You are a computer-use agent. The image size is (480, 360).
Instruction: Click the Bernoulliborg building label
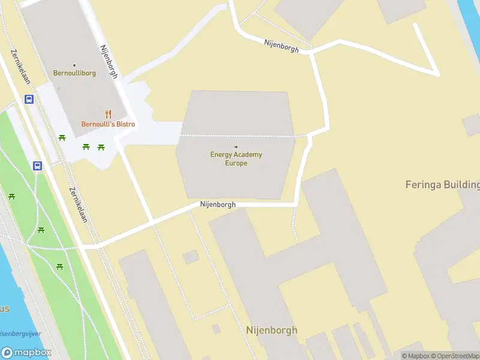pyautogui.click(x=74, y=73)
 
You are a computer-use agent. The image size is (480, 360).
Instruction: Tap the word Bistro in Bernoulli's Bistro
pyautogui.click(x=124, y=124)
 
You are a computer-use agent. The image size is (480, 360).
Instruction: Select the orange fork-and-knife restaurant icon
pyautogui.click(x=108, y=114)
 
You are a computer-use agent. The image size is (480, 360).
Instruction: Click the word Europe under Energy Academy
pyautogui.click(x=236, y=163)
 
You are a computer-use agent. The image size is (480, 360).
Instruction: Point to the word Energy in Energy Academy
pyautogui.click(x=220, y=155)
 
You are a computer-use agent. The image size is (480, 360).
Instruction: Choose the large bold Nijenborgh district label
pyautogui.click(x=271, y=330)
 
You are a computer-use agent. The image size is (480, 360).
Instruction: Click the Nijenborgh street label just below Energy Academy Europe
pyautogui.click(x=218, y=205)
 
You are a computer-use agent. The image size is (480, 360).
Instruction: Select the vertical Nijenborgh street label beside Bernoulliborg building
pyautogui.click(x=109, y=62)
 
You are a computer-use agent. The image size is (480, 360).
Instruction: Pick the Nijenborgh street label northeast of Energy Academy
pyautogui.click(x=281, y=45)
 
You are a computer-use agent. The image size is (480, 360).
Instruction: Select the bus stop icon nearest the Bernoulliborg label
pyautogui.click(x=29, y=100)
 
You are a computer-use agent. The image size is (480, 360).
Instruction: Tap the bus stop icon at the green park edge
pyautogui.click(x=37, y=166)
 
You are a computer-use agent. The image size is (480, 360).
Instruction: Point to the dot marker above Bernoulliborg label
pyautogui.click(x=74, y=65)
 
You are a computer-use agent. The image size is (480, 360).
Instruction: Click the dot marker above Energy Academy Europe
pyautogui.click(x=236, y=147)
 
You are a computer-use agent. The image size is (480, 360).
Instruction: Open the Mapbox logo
pyautogui.click(x=26, y=353)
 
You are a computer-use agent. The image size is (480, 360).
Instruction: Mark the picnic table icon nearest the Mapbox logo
pyautogui.click(x=60, y=266)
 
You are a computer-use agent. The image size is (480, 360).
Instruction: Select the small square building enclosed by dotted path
pyautogui.click(x=191, y=257)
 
